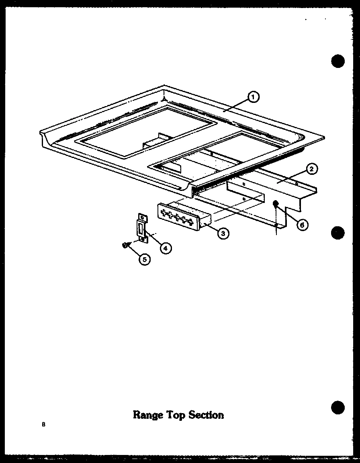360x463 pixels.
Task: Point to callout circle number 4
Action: click(164, 248)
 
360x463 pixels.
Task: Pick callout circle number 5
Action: click(144, 259)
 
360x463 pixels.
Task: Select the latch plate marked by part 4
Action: click(142, 229)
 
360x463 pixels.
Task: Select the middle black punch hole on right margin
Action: click(338, 233)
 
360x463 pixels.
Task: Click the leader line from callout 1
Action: click(237, 104)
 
